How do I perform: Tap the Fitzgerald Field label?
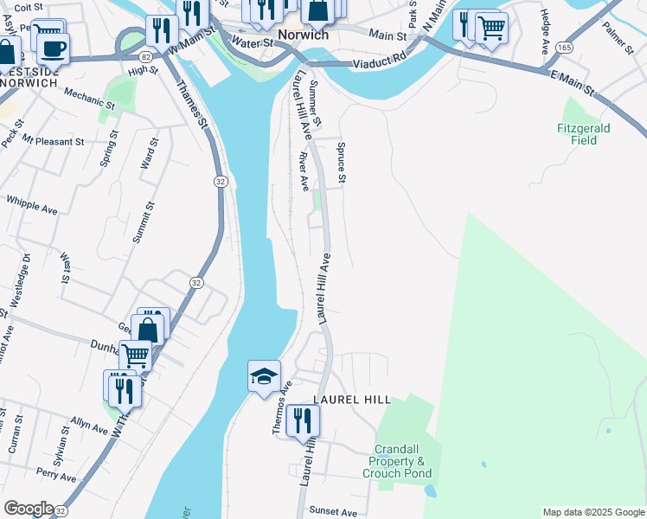pyautogui.click(x=583, y=133)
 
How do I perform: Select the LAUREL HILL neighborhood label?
pyautogui.click(x=352, y=400)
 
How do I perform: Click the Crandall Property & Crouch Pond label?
pyautogui.click(x=403, y=461)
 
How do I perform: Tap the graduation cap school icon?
pyautogui.click(x=264, y=376)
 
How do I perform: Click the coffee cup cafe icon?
pyautogui.click(x=54, y=47)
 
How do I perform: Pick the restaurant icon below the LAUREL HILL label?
pyautogui.click(x=302, y=420)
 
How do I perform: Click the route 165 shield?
pyautogui.click(x=563, y=45)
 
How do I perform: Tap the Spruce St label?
pyautogui.click(x=342, y=163)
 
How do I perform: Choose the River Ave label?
pyautogui.click(x=304, y=172)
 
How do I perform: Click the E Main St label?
pyautogui.click(x=574, y=83)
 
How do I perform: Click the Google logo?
pyautogui.click(x=29, y=509)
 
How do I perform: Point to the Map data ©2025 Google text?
pyautogui.click(x=593, y=512)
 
